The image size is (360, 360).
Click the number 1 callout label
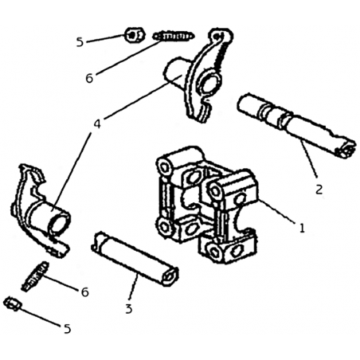point(302,228)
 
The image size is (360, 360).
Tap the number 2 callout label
point(319,190)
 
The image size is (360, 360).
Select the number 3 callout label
point(129,309)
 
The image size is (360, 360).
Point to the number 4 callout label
point(97,123)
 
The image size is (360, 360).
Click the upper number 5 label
point(80,42)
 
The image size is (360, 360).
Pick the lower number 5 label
point(68,329)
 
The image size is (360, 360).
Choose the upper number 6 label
point(89,78)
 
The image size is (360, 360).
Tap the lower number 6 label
point(84,292)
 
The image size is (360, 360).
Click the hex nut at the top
point(135,35)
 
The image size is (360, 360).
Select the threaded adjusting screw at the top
point(174,36)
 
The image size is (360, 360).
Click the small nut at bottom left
point(13,303)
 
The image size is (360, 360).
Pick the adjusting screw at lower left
point(35,276)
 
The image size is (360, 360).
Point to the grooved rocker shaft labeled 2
point(296,126)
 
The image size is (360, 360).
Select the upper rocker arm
point(198,76)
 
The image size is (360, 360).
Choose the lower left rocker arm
point(41,212)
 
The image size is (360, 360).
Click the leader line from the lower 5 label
point(40,317)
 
